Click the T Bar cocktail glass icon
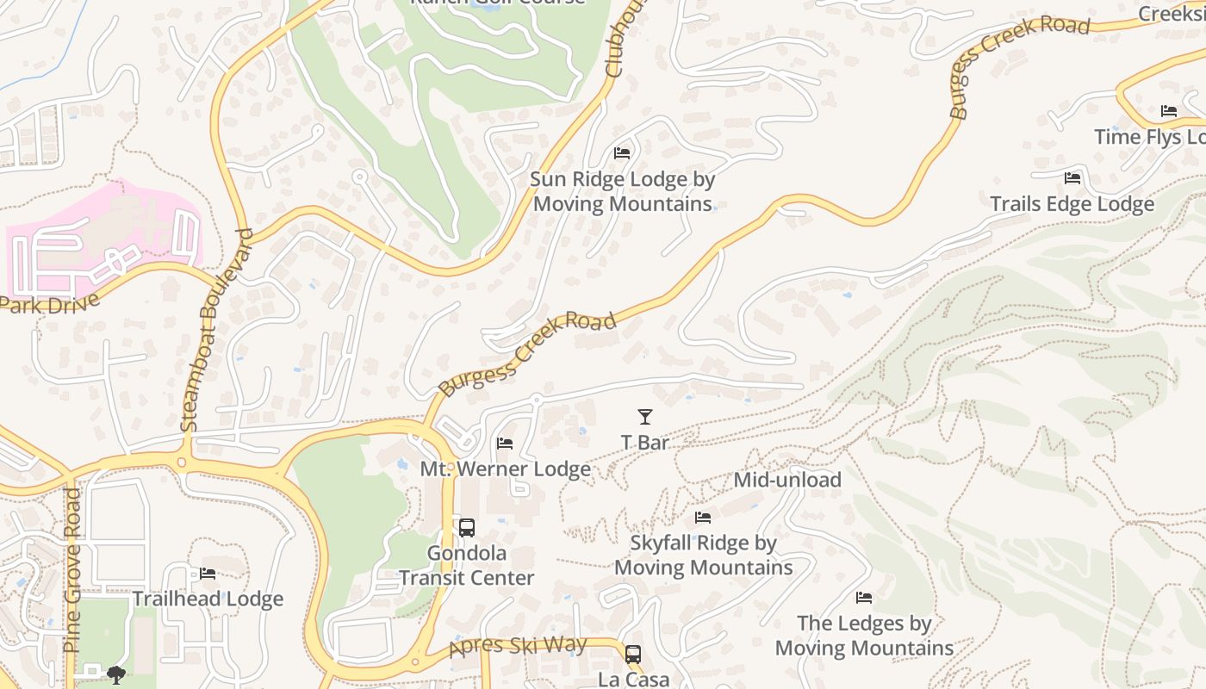coord(644,417)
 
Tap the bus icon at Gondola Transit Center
coord(466,528)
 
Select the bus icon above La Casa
coord(633,655)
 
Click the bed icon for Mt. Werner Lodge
coord(506,444)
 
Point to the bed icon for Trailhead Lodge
coord(208,574)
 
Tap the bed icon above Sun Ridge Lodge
coord(622,153)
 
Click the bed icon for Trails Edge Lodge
coord(1072,178)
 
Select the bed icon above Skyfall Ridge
coord(703,518)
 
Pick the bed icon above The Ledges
coord(864,598)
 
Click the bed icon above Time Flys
coord(1169,111)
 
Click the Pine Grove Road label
coord(72,570)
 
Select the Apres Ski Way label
coord(519,646)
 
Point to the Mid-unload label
coord(787,480)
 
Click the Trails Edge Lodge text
coord(1072,204)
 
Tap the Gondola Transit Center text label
coord(466,565)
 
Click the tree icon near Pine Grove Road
coord(116,674)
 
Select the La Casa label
coord(633,680)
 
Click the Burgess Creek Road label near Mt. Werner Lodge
coord(527,353)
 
